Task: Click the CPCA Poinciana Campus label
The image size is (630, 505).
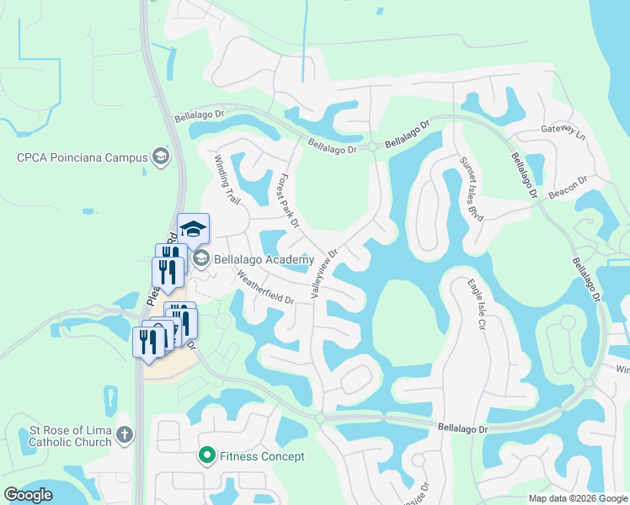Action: (80, 157)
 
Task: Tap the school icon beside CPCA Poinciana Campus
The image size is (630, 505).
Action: (160, 157)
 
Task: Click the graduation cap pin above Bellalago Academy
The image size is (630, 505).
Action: (193, 229)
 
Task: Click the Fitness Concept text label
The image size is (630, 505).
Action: (262, 456)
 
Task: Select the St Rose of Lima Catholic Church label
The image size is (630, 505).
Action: (70, 436)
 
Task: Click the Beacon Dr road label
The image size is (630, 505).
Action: (567, 185)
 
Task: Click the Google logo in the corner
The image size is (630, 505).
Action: (28, 494)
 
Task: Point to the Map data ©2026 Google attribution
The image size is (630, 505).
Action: (578, 498)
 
